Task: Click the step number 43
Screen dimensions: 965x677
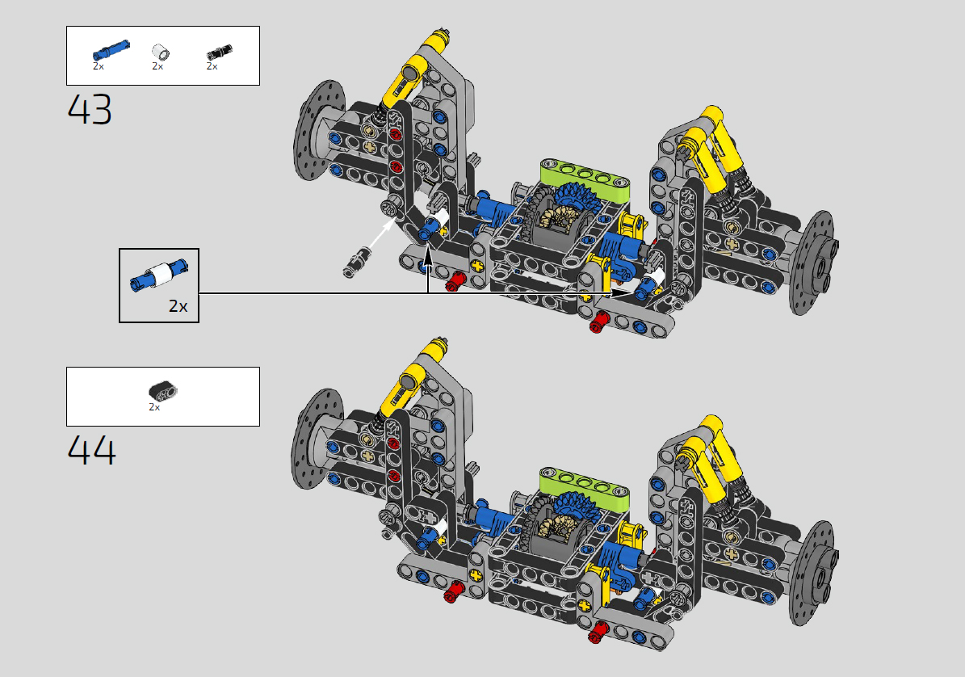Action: (x=90, y=110)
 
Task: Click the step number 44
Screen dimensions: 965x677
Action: (x=91, y=451)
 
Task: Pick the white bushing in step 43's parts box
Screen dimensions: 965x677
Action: (x=161, y=53)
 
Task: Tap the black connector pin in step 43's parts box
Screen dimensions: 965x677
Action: (x=219, y=53)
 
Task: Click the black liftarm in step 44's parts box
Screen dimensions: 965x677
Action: (x=162, y=391)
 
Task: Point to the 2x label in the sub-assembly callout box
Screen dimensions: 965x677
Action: (x=178, y=306)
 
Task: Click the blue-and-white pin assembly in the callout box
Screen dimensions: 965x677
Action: (x=159, y=275)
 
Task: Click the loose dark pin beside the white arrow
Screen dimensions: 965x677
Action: (x=358, y=261)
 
